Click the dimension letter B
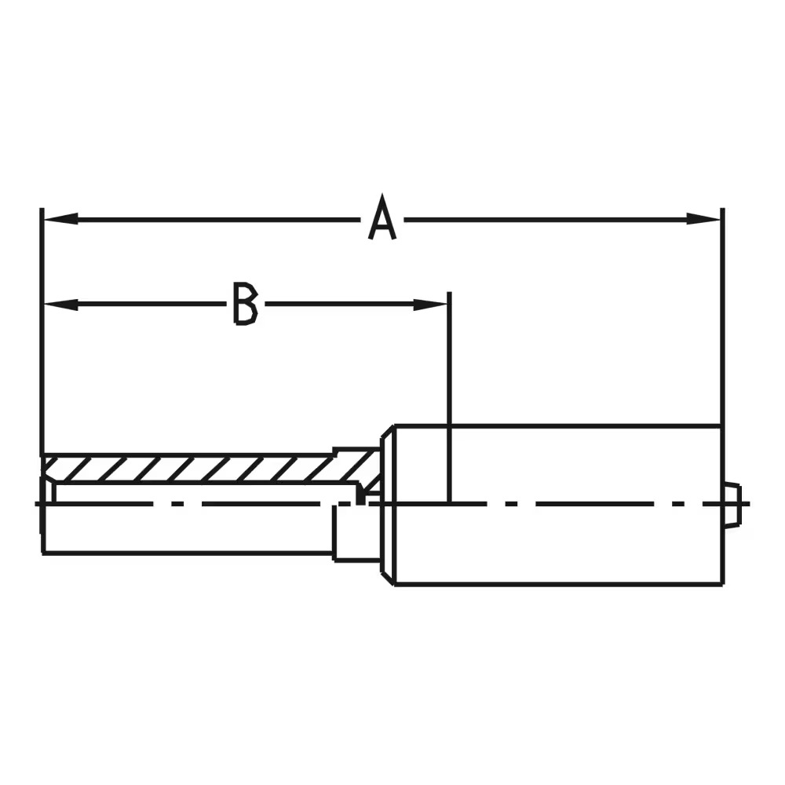click(x=245, y=304)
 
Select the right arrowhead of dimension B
click(x=431, y=304)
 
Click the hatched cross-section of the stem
click(x=196, y=469)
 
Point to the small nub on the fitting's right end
click(x=732, y=505)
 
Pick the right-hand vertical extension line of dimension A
click(x=722, y=314)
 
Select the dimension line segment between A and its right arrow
click(x=549, y=218)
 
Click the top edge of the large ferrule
click(x=557, y=426)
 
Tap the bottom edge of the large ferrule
click(x=557, y=584)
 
